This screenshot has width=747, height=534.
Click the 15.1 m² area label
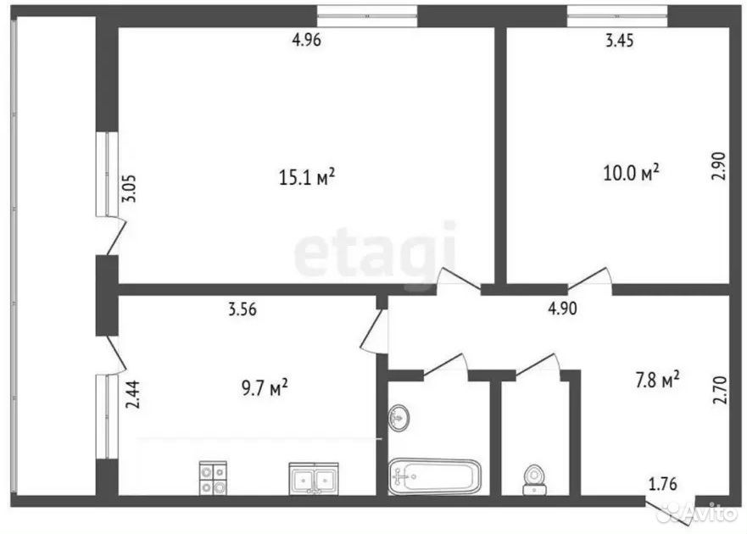pos(307,177)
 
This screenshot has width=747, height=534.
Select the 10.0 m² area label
pos(631,172)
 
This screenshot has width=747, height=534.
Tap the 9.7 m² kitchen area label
pos(265,387)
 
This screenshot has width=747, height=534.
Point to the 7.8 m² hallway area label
pos(657,380)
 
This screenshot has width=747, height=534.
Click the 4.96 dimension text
pos(306,40)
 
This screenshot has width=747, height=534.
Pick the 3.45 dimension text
pos(619,41)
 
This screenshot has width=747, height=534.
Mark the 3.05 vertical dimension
pos(129,189)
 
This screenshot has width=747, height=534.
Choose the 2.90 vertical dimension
pos(718,166)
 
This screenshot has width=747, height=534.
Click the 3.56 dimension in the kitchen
pos(242,309)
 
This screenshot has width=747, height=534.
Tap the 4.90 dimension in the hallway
pos(563,309)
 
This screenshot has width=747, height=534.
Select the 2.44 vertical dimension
pos(133,394)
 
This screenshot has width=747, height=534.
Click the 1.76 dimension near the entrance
pos(663,484)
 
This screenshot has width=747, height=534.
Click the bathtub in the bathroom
pos(434,476)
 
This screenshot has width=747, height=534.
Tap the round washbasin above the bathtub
pos(399,418)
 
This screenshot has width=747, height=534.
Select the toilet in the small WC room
pos(534,480)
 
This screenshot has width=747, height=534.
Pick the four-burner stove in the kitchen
pos(213,478)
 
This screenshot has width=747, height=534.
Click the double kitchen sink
pos(314,478)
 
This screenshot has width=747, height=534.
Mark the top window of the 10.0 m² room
pos(617,16)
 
